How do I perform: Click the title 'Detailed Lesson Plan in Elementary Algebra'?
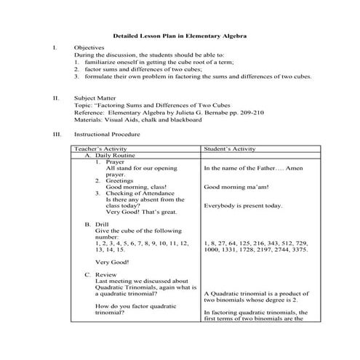coord(180,36)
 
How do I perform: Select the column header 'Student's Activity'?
coord(229,148)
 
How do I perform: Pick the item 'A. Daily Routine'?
coord(109,155)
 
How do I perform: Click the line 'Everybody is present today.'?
coord(243,206)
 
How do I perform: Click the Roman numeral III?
coord(57,135)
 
